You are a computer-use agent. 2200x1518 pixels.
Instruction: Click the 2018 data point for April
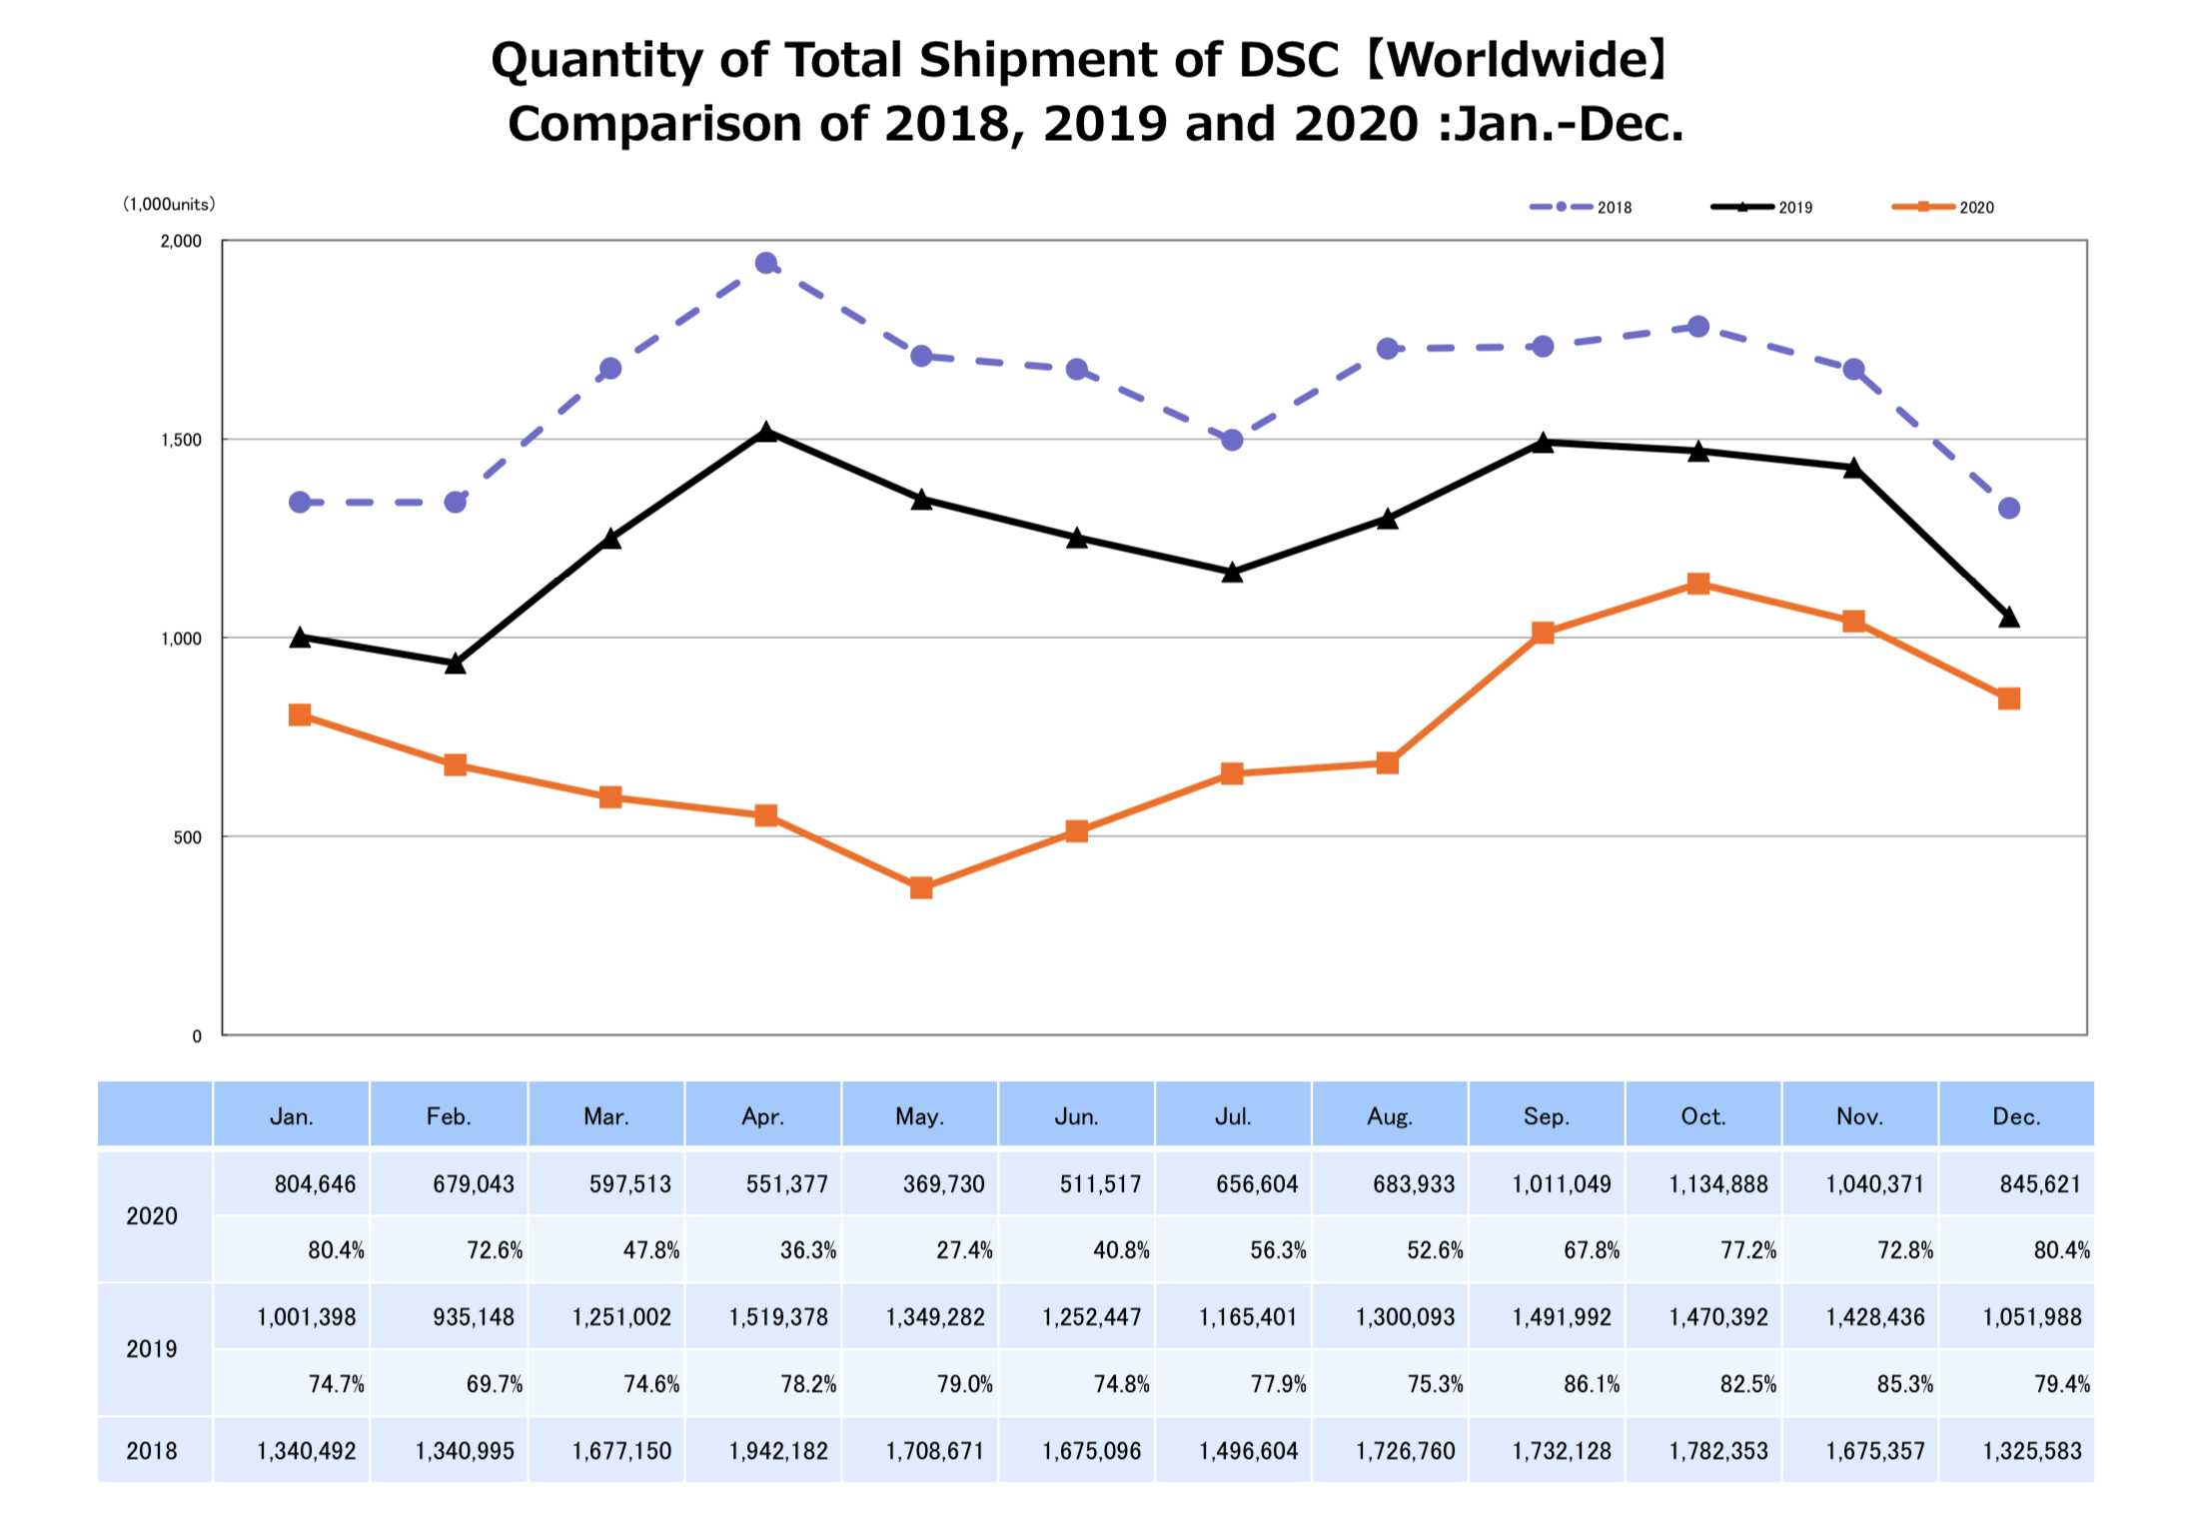click(766, 264)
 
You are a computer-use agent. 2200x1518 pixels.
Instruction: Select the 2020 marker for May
click(921, 887)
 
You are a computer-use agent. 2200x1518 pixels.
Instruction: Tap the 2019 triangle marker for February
click(456, 664)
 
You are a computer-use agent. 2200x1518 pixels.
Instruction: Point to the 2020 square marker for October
click(1697, 584)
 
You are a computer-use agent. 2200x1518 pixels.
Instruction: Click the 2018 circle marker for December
click(2008, 509)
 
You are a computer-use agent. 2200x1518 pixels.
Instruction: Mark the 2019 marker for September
click(1543, 443)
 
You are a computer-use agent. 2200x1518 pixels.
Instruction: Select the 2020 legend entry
click(1942, 207)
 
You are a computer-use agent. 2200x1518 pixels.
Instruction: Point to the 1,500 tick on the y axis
click(181, 441)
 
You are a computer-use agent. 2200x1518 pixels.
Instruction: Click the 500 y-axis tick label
click(187, 837)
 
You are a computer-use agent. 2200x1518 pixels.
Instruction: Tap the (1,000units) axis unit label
click(169, 204)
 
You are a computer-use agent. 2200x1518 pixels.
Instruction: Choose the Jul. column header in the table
click(1232, 1116)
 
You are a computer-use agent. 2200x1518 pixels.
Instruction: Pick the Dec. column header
click(2015, 1116)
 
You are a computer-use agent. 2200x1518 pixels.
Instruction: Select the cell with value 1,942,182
click(777, 1451)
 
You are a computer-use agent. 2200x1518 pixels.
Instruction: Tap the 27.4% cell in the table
click(963, 1250)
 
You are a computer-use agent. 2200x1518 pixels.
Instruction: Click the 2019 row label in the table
click(152, 1349)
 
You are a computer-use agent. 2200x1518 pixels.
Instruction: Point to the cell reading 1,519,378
click(777, 1317)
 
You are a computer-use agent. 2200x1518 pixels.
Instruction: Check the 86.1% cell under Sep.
click(1591, 1384)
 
